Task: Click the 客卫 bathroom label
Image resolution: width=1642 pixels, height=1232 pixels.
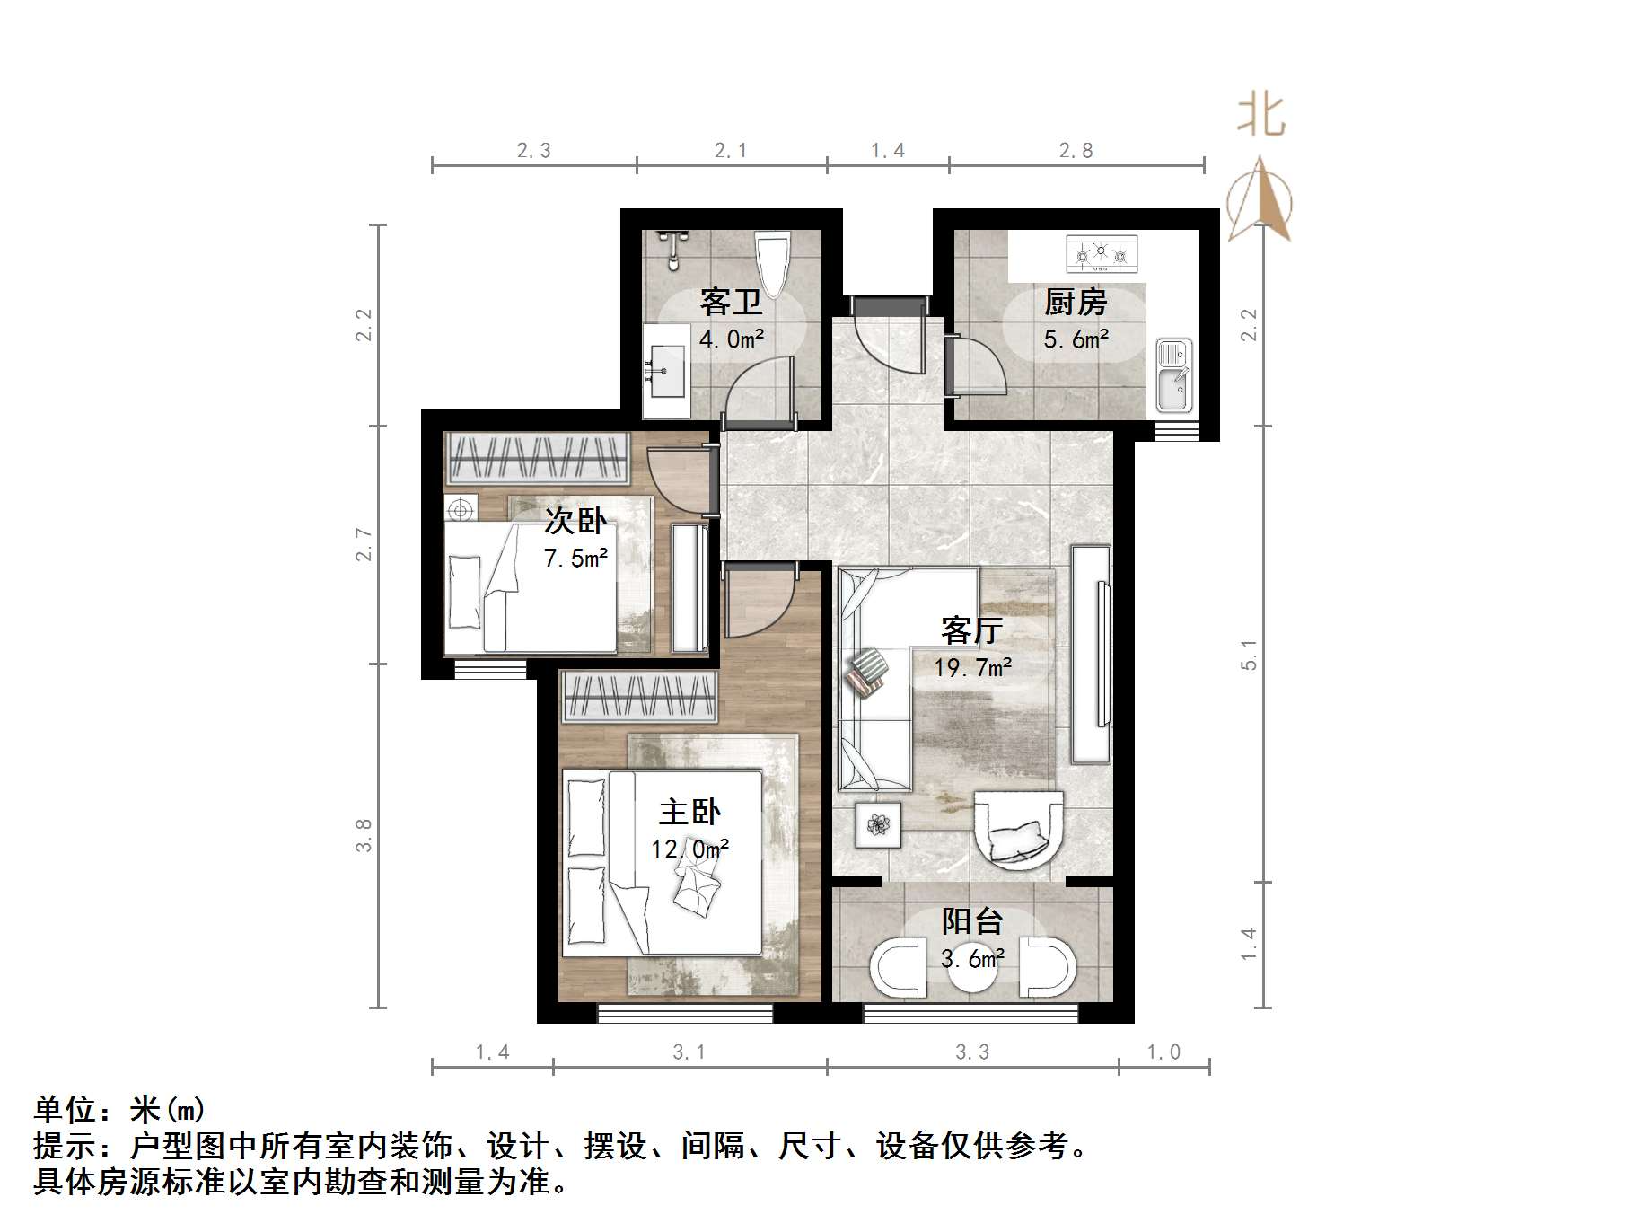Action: coord(731,302)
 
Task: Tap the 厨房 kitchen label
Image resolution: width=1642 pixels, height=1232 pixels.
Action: coord(1076,302)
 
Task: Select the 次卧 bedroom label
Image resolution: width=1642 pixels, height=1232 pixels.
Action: coord(575,521)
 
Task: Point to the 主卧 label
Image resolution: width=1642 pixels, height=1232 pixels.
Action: coord(689,812)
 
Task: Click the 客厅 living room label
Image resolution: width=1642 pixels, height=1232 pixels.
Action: coord(971,630)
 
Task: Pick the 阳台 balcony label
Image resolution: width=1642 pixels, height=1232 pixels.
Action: coord(972,921)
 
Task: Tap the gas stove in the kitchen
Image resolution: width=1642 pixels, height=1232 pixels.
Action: coord(1102,254)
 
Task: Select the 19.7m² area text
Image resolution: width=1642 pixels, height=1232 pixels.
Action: coord(972,668)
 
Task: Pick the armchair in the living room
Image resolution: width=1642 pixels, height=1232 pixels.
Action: coord(1018,828)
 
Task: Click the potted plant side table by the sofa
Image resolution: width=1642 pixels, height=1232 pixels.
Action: coord(878,823)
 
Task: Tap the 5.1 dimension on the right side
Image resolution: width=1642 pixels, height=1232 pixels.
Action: coord(1249,655)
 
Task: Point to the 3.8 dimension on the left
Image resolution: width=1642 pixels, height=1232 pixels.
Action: coord(364,835)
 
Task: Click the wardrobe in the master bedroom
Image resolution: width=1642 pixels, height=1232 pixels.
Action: coord(639,696)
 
